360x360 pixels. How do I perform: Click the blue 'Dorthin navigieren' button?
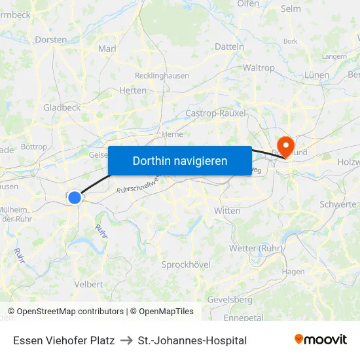(x=180, y=160)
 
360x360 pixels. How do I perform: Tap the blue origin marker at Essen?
(x=75, y=197)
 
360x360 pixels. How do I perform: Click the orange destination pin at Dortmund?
(x=286, y=145)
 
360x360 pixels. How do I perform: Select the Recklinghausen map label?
(x=162, y=75)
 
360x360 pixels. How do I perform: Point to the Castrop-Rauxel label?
(x=215, y=113)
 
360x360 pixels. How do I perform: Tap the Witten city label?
(x=227, y=211)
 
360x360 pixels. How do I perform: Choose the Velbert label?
(x=88, y=284)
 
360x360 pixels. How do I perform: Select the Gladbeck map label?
(x=62, y=107)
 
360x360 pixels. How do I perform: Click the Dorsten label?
(x=50, y=39)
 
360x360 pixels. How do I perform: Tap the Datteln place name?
(x=229, y=46)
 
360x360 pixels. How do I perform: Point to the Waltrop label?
(x=259, y=67)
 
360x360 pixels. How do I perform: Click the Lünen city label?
(x=317, y=75)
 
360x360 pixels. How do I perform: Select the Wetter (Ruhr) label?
(x=256, y=248)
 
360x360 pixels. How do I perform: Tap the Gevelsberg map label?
(x=229, y=299)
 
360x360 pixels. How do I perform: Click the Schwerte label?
(x=338, y=204)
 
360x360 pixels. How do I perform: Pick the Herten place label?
(x=133, y=90)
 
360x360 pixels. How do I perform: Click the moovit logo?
(x=320, y=339)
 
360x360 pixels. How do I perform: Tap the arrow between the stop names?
(x=126, y=340)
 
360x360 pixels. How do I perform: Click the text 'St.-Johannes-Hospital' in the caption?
(x=192, y=340)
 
